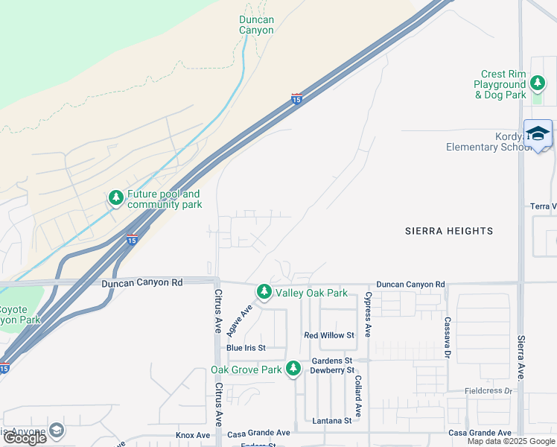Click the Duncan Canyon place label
(256, 25)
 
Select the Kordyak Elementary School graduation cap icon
(538, 133)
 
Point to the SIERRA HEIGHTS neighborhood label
(448, 231)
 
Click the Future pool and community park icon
(115, 197)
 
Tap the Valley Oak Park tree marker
(264, 291)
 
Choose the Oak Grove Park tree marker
(293, 368)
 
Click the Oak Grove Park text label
(246, 370)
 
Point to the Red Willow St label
(328, 335)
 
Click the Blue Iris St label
(245, 348)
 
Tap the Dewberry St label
(331, 370)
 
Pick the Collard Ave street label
(357, 395)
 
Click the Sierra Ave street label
(521, 357)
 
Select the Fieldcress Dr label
(488, 390)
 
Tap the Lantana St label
(332, 421)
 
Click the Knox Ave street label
(193, 435)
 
